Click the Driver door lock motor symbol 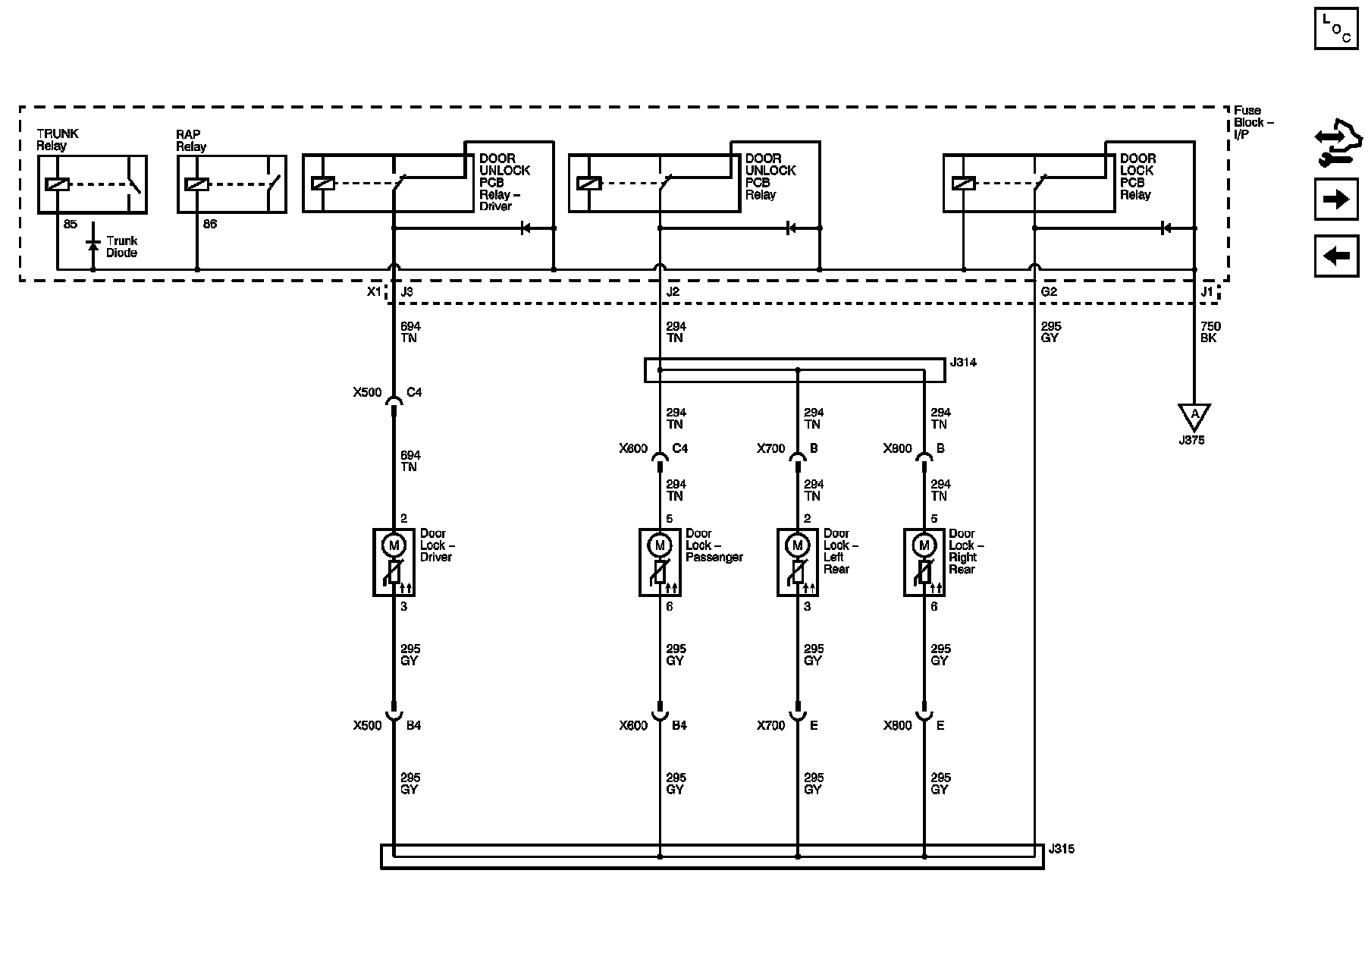(x=393, y=545)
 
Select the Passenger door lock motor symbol (x=659, y=545)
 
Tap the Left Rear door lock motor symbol (x=797, y=545)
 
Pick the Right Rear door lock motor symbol (x=924, y=545)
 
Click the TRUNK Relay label (x=57, y=140)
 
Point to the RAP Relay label (x=190, y=140)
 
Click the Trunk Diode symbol (x=93, y=244)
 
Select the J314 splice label (x=963, y=363)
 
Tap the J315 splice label (x=1061, y=849)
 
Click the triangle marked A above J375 (x=1194, y=415)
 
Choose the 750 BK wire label (x=1210, y=332)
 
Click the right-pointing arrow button (x=1336, y=200)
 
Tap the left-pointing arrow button (x=1336, y=256)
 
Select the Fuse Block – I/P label (x=1253, y=122)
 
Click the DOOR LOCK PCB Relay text (x=1137, y=177)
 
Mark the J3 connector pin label (x=406, y=292)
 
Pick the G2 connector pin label (x=1049, y=292)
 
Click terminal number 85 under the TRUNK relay (x=70, y=225)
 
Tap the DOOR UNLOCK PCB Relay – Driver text (x=504, y=182)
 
